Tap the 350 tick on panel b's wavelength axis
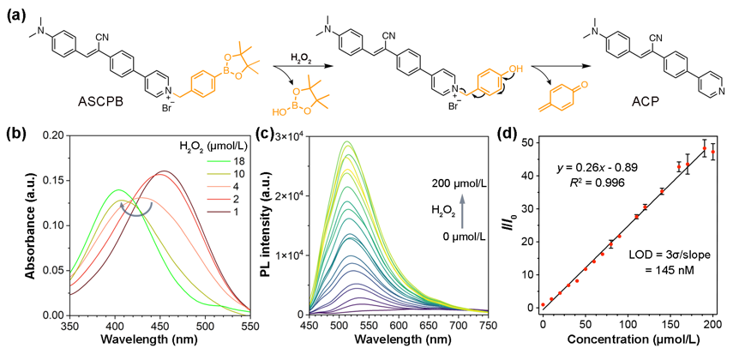[x=52, y=327]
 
